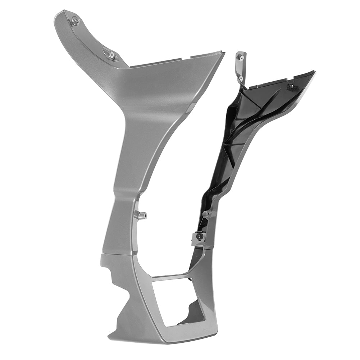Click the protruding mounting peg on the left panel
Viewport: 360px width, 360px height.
(x=141, y=215)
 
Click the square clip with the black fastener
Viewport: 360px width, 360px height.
(x=198, y=238)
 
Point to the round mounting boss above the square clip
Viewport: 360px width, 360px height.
(x=208, y=214)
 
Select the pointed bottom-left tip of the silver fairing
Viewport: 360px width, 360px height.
(x=110, y=338)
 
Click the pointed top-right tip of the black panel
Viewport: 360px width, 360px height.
(x=314, y=72)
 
